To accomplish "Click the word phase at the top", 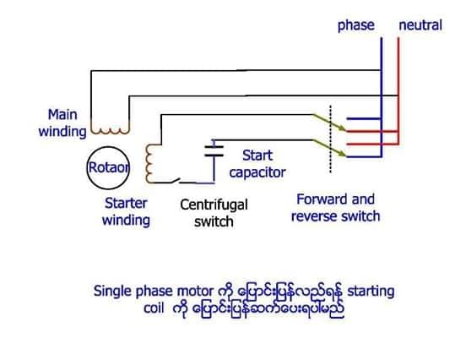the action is click(356, 25).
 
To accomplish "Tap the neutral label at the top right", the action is click(420, 25).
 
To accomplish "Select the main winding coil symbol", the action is click(111, 131).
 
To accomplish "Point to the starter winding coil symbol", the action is click(148, 163).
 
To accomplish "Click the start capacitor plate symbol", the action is click(214, 151).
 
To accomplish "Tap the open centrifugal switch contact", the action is click(175, 180).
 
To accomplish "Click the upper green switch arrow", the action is click(329, 123).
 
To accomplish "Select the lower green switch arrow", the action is click(329, 148).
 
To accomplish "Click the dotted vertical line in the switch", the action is click(330, 139).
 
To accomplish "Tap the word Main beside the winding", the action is click(62, 115).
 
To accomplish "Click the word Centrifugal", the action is click(214, 205).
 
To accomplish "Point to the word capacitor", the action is click(257, 173).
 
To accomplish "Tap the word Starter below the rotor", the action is click(126, 204).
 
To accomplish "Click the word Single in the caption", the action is click(113, 292).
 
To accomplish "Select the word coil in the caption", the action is click(154, 308).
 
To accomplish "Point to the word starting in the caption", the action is click(371, 292).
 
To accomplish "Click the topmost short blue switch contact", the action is click(364, 118).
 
